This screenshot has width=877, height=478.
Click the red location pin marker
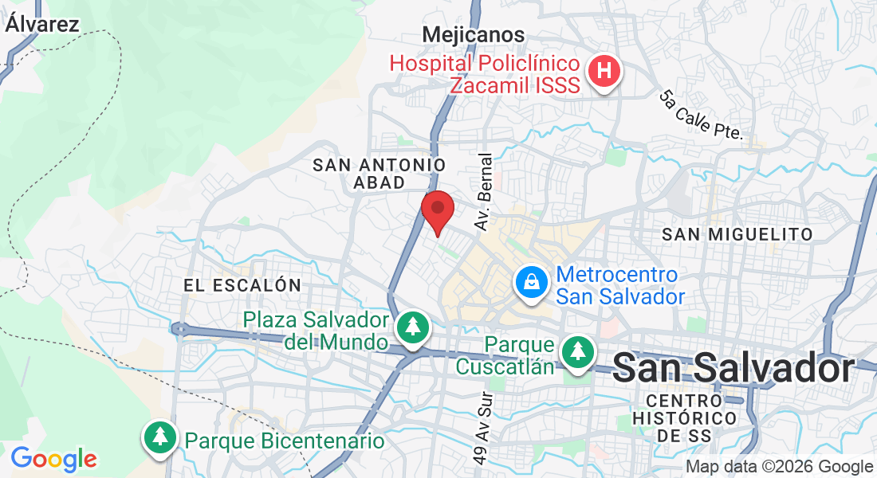pos(437,210)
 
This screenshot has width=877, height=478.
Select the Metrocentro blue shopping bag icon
pos(530,283)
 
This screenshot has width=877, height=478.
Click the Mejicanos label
pos(474,35)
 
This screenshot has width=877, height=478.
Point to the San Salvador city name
pos(734,369)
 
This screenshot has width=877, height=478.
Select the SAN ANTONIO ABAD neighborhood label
pos(379,174)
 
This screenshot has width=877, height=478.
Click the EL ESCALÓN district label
pos(242,285)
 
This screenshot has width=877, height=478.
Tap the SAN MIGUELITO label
pos(737,234)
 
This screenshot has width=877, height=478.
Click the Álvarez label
pos(42,24)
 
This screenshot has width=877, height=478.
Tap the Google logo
pos(53,459)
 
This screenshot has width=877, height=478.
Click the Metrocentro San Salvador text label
pos(620,286)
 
